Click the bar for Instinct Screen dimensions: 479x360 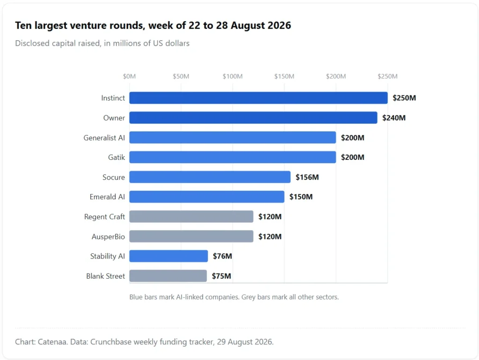click(258, 98)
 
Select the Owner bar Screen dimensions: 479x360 click(253, 118)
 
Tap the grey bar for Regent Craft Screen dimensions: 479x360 click(191, 216)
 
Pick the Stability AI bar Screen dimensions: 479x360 click(168, 256)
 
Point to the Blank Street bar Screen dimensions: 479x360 click(168, 276)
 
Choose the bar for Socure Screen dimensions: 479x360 click(210, 177)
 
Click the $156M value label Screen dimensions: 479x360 click(307, 177)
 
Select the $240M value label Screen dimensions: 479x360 click(394, 118)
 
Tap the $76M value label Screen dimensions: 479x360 click(222, 256)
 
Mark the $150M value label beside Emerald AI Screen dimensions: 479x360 click(301, 197)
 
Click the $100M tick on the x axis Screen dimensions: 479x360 click(232, 76)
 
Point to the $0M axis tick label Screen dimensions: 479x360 click(129, 76)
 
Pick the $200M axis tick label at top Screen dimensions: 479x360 click(336, 76)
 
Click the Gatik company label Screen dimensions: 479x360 click(116, 157)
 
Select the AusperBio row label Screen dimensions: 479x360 click(108, 237)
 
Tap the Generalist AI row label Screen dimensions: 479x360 click(104, 138)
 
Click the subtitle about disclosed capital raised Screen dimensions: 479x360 click(102, 43)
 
